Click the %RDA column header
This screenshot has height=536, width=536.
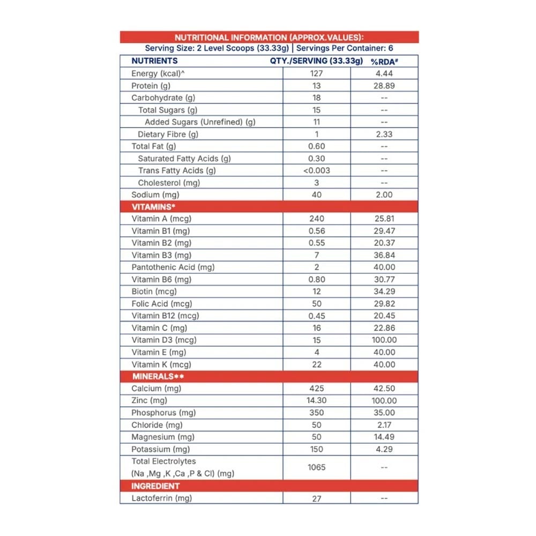384,61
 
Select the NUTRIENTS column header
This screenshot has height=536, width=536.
154,61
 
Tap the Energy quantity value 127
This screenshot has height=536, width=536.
316,73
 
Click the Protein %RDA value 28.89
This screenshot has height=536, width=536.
384,86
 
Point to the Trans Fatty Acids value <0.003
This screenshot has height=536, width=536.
316,170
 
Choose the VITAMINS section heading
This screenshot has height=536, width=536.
154,206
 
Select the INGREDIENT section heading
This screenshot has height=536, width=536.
155,486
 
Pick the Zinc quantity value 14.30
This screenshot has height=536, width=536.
316,400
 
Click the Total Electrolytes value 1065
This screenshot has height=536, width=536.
316,467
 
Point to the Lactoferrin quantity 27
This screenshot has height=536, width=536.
316,498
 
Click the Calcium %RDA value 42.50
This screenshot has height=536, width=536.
384,389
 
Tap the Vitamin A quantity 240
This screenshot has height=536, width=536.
316,219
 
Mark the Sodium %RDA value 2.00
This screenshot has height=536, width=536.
384,195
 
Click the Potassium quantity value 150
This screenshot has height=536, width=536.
316,449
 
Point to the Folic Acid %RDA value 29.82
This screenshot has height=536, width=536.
384,303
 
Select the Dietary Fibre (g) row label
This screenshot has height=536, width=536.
168,135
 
